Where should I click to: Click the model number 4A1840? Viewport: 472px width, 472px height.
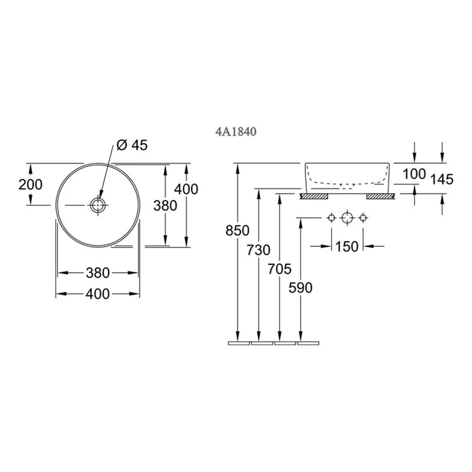pyautogui.click(x=236, y=132)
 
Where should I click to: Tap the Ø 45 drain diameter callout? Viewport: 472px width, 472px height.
pyautogui.click(x=132, y=145)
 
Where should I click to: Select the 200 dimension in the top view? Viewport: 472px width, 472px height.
pyautogui.click(x=30, y=185)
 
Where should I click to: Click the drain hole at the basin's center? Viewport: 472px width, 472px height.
pyautogui.click(x=98, y=205)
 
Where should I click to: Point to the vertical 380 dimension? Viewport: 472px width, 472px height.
pyautogui.click(x=165, y=206)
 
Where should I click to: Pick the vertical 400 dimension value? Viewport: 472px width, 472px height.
pyautogui.click(x=186, y=189)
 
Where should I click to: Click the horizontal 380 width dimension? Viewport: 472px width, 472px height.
pyautogui.click(x=98, y=273)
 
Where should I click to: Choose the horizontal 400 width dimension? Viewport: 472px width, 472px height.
pyautogui.click(x=98, y=294)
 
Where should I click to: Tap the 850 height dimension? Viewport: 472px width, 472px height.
pyautogui.click(x=237, y=231)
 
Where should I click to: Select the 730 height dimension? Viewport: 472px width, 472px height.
pyautogui.click(x=259, y=250)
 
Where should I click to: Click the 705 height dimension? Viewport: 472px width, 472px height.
pyautogui.click(x=279, y=269)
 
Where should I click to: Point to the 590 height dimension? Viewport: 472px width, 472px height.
pyautogui.click(x=300, y=288)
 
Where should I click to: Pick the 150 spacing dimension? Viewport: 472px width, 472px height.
pyautogui.click(x=347, y=246)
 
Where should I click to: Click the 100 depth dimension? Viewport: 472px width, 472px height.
pyautogui.click(x=414, y=174)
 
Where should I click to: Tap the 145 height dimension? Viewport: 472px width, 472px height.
pyautogui.click(x=442, y=179)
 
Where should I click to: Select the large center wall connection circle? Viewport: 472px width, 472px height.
pyautogui.click(x=347, y=217)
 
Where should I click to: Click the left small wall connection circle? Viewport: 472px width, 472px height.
pyautogui.click(x=331, y=217)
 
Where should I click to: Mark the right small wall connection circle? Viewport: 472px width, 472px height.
pyautogui.click(x=363, y=217)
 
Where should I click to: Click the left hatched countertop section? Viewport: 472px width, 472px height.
pyautogui.click(x=314, y=196)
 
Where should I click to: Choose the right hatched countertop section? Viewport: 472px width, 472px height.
pyautogui.click(x=380, y=196)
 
